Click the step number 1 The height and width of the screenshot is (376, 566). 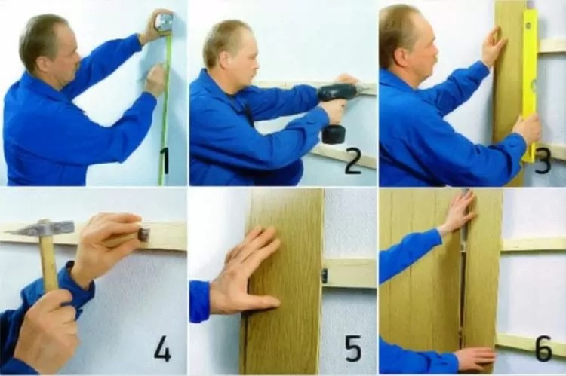click(x=165, y=161)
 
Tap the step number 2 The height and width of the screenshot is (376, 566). click(x=353, y=161)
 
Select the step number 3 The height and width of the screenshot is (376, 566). click(x=543, y=161)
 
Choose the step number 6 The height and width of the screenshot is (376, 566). click(x=543, y=348)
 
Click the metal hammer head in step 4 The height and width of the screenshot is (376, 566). click(x=42, y=228)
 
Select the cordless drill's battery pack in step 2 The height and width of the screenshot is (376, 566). click(x=333, y=134)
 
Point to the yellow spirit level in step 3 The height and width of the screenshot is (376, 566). click(x=531, y=84)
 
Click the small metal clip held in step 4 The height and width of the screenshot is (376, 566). click(x=143, y=234)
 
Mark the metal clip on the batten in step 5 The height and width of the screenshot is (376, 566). click(x=325, y=276)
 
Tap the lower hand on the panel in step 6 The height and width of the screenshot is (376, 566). click(x=475, y=358)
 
